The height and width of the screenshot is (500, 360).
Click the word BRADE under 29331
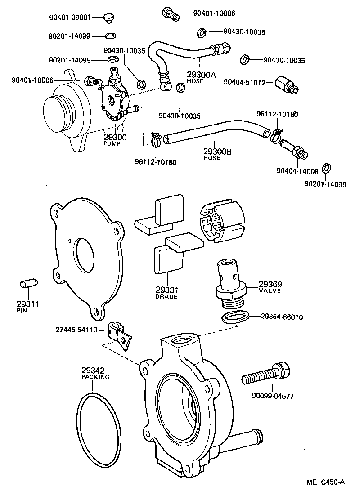pos(166,297)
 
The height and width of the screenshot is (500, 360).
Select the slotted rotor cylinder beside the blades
pos(221,222)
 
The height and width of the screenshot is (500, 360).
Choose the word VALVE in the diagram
pos(270,291)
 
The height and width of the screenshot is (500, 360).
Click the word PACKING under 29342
pos(95,377)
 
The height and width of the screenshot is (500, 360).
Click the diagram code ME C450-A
pos(326,482)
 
